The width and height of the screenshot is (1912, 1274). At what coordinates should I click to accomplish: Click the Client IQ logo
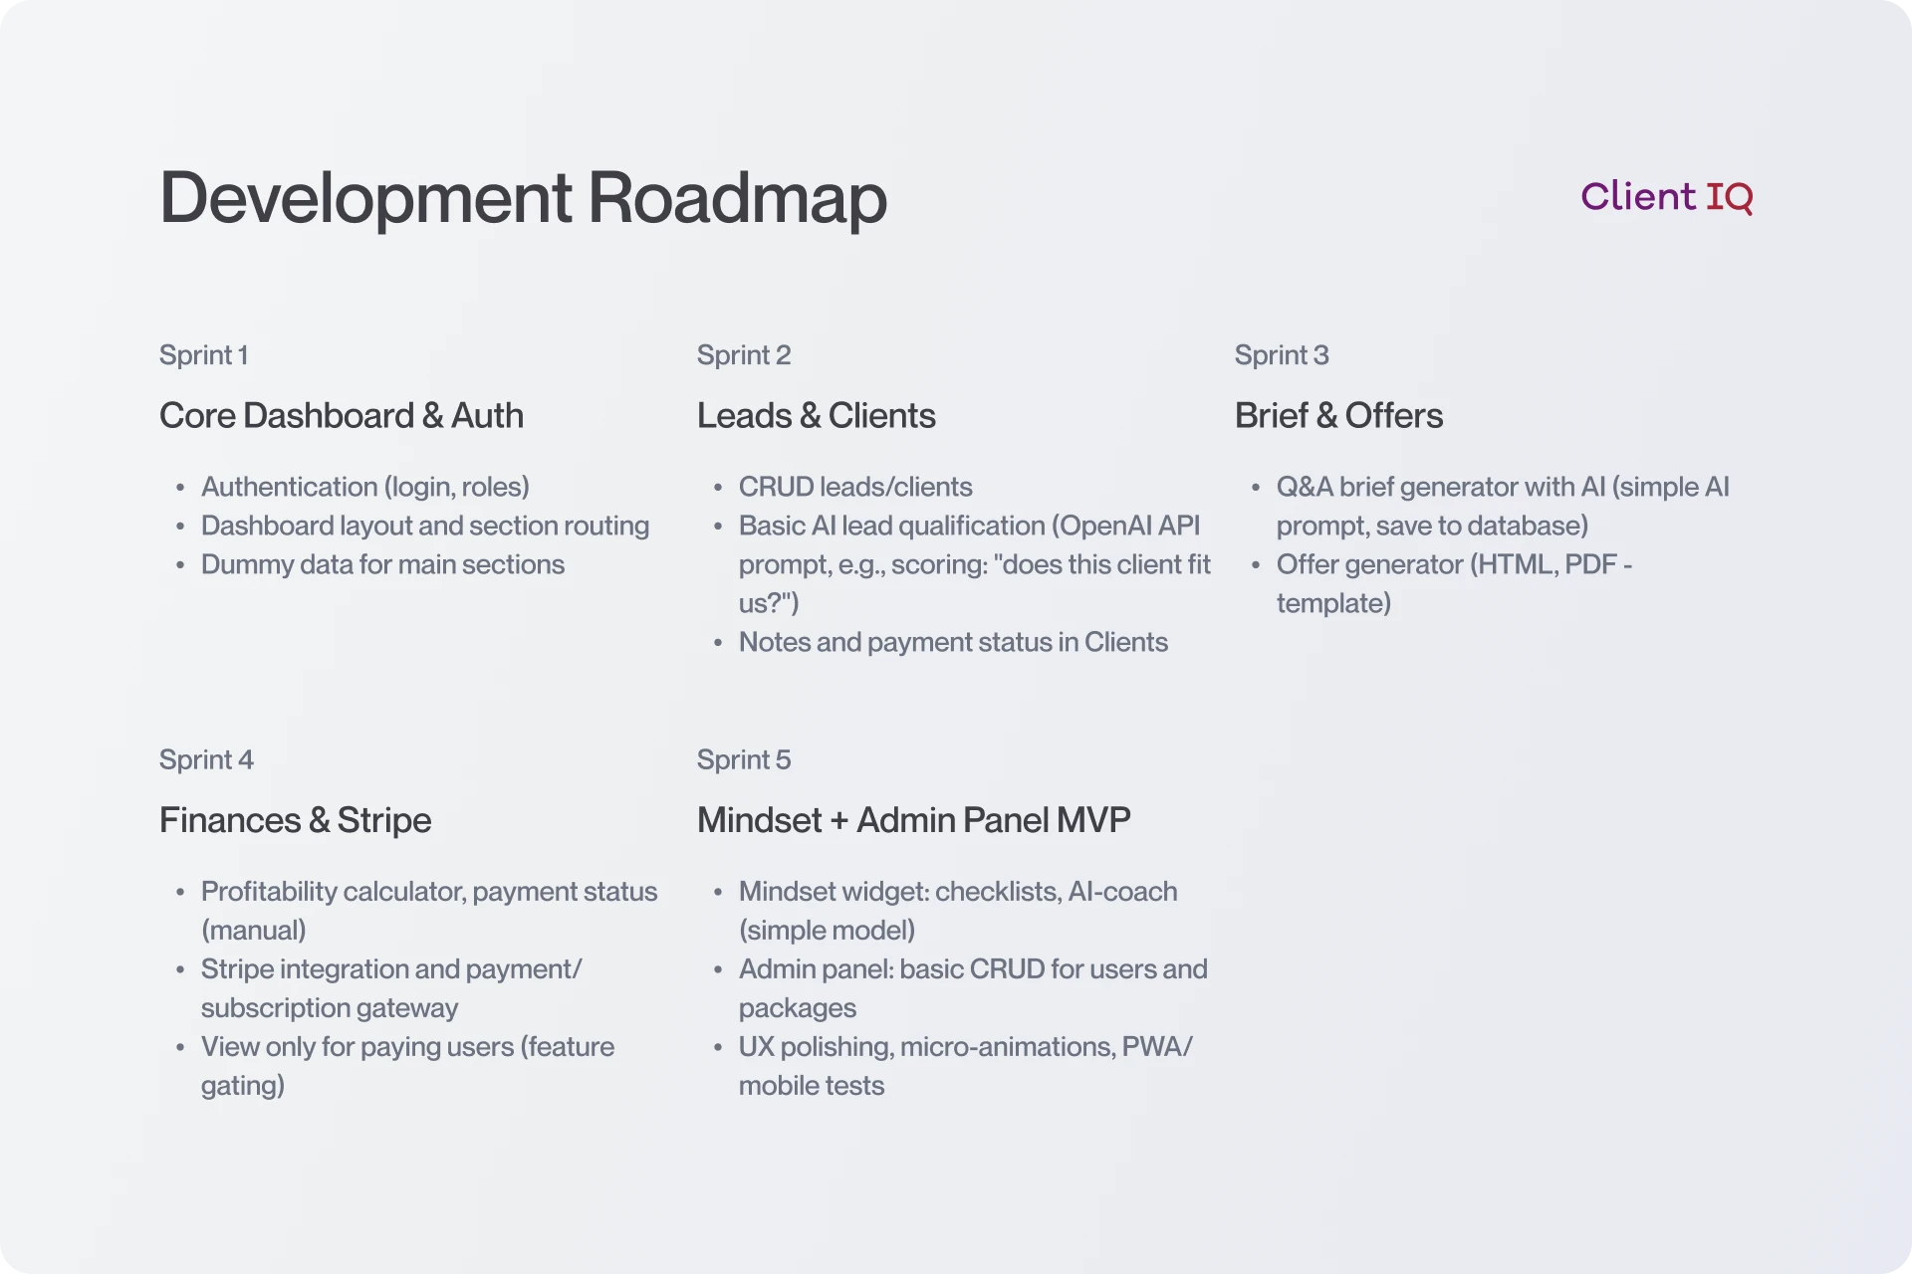point(1666,197)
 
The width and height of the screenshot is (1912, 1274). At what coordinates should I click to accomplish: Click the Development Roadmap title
point(523,198)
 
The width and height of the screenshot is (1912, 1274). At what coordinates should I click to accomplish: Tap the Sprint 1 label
point(203,355)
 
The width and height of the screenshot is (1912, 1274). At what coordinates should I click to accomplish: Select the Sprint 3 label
point(1281,355)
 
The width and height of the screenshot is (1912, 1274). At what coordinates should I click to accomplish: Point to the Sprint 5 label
point(743,759)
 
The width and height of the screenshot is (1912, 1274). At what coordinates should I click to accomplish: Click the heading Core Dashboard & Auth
point(341,416)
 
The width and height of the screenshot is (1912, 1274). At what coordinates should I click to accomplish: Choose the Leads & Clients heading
point(816,416)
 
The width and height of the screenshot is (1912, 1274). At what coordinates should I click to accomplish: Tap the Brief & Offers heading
point(1337,416)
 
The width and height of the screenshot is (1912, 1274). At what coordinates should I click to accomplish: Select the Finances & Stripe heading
point(295,820)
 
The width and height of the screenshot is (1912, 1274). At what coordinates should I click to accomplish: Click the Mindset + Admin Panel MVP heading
point(913,820)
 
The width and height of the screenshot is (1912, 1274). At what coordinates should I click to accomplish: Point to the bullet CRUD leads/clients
point(854,487)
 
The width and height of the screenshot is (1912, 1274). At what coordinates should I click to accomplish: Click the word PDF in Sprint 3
point(1590,564)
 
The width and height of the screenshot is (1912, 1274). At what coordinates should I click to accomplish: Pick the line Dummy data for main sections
point(382,564)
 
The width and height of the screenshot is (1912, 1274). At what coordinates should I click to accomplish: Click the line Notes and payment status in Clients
point(952,642)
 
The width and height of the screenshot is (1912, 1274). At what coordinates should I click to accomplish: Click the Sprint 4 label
point(206,759)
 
